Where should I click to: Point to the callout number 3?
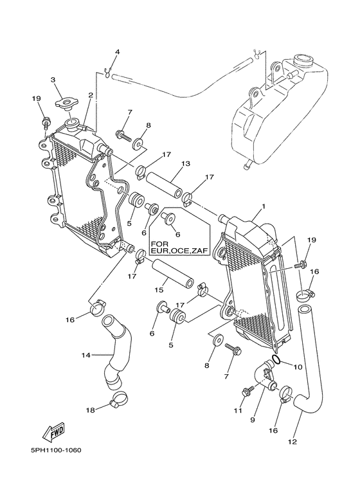53,80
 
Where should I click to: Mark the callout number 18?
91,410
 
